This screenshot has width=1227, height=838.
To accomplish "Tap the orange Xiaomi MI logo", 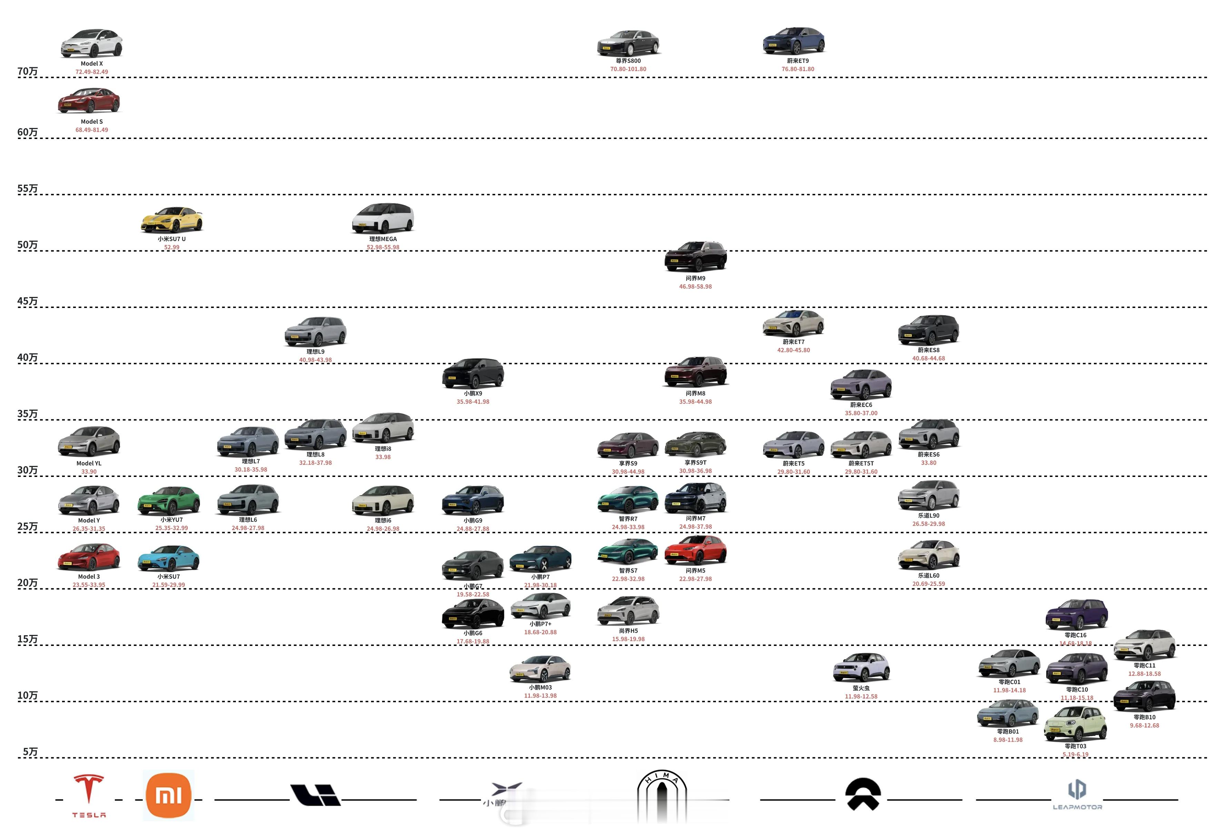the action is click(168, 795).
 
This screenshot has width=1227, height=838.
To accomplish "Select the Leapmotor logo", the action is click(1077, 795).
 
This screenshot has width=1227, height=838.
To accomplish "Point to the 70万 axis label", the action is click(28, 71).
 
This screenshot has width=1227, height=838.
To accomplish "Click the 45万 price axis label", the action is click(28, 301).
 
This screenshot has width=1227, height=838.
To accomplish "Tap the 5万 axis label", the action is click(30, 751).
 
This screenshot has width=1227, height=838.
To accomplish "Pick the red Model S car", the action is click(89, 100).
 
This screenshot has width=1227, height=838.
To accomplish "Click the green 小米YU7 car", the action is click(169, 501).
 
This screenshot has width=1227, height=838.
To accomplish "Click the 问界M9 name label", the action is click(695, 278).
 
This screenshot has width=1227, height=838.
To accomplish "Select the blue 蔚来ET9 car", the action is click(794, 41).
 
